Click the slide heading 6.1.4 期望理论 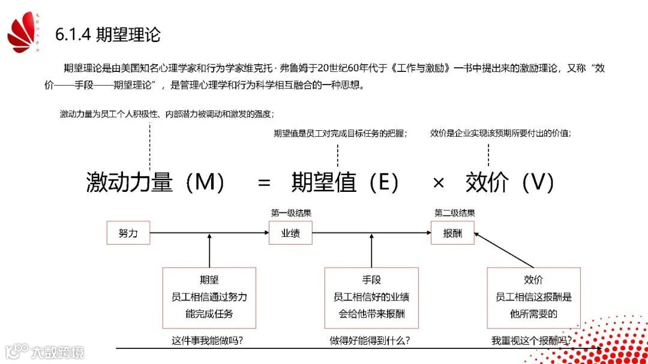pyautogui.click(x=108, y=34)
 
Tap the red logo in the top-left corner pyautogui.click(x=23, y=34)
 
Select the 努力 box pyautogui.click(x=128, y=233)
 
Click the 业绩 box pyautogui.click(x=290, y=233)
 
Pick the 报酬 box pyautogui.click(x=452, y=233)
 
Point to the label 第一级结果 pyautogui.click(x=291, y=213)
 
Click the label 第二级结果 pyautogui.click(x=455, y=213)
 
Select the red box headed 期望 pyautogui.click(x=209, y=297)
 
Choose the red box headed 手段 pyautogui.click(x=371, y=297)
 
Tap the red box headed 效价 pyautogui.click(x=533, y=297)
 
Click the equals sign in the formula pyautogui.click(x=264, y=183)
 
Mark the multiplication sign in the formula pyautogui.click(x=439, y=183)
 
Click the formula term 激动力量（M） pyautogui.click(x=155, y=182)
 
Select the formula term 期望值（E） pyautogui.click(x=345, y=182)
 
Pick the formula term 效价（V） pyautogui.click(x=510, y=182)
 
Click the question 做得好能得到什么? pyautogui.click(x=370, y=341)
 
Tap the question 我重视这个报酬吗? pyautogui.click(x=531, y=341)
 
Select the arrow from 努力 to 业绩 pyautogui.click(x=209, y=233)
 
